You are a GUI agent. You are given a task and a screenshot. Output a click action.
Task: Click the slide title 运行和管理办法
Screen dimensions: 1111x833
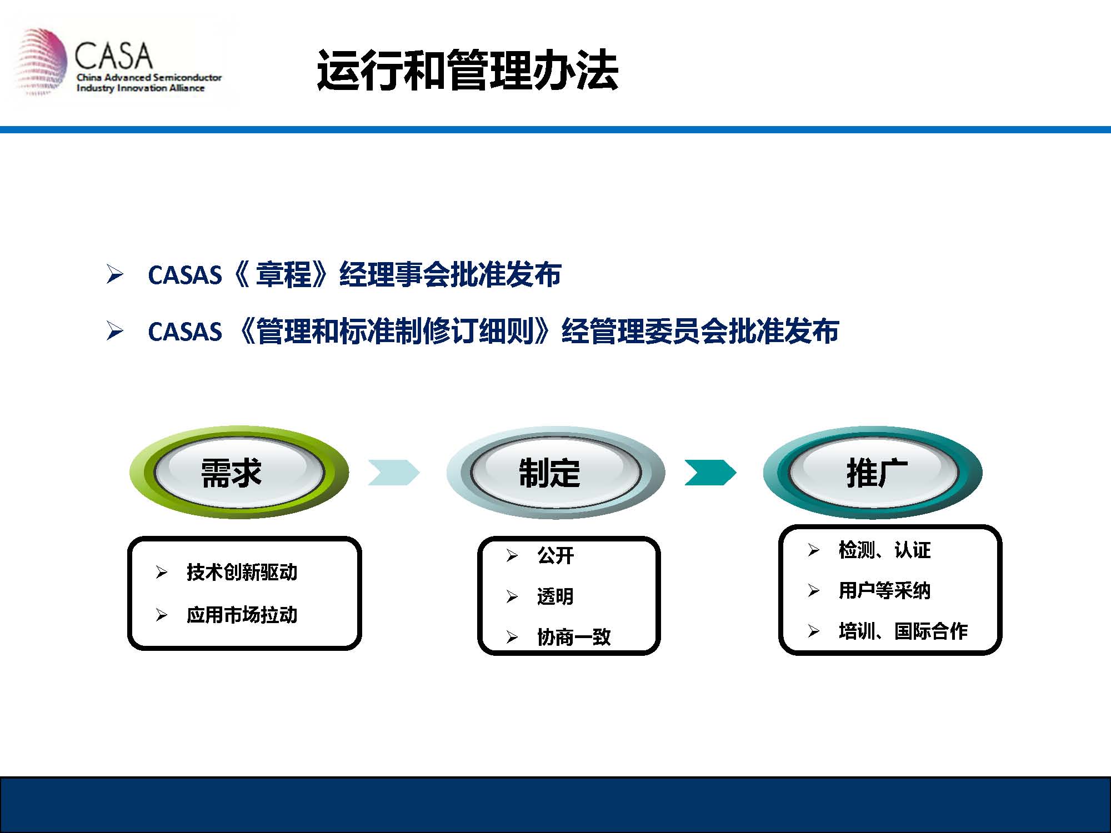[x=468, y=70]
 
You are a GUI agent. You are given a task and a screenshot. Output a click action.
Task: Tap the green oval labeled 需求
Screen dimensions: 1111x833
[x=239, y=473]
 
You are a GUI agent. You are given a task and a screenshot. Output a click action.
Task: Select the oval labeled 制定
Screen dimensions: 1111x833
[x=555, y=473]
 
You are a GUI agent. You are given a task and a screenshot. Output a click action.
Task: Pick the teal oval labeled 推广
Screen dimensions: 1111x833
[x=873, y=473]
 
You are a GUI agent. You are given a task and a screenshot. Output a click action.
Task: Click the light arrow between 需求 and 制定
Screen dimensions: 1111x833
[x=394, y=473]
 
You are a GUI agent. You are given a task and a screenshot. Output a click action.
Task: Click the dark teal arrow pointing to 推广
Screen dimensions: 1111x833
[x=710, y=473]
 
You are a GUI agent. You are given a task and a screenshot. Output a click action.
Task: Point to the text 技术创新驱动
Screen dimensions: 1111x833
[x=242, y=572]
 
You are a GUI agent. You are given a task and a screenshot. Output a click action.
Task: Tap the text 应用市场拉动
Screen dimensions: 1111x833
[x=242, y=615]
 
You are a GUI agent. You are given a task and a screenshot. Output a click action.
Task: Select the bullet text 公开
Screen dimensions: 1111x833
[x=555, y=555]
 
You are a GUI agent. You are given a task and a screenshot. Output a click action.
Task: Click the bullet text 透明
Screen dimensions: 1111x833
[x=555, y=596]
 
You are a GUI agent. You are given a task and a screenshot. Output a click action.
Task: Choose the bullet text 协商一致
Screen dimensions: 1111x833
[x=574, y=637]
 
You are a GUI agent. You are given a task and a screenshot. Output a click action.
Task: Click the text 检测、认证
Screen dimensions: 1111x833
[x=884, y=550]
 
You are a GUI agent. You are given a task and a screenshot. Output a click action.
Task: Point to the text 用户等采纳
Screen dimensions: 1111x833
[x=884, y=590]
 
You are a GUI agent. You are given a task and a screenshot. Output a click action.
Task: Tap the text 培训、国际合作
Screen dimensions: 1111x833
[x=903, y=631]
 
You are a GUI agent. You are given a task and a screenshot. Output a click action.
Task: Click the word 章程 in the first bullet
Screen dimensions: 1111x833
[x=283, y=274]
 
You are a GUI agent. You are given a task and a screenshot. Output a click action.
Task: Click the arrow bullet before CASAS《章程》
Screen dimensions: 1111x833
[x=114, y=274]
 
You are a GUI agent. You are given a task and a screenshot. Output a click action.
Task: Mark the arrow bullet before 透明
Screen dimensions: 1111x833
[x=512, y=597]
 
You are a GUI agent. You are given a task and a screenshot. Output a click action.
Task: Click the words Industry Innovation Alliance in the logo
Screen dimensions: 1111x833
[x=141, y=88]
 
